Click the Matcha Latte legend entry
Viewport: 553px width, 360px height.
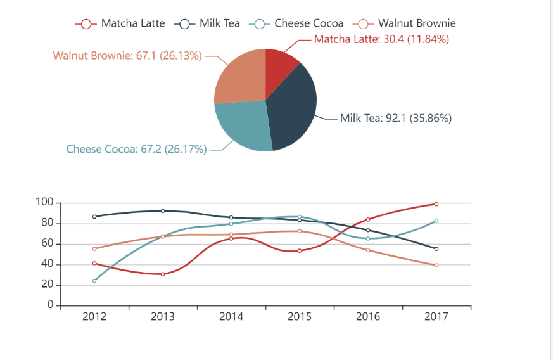[120, 23]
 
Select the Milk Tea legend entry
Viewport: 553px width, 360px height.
[210, 23]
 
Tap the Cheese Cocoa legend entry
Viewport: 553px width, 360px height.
[297, 23]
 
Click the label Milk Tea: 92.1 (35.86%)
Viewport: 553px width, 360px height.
[395, 118]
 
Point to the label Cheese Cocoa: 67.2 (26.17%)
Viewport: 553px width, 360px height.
[136, 150]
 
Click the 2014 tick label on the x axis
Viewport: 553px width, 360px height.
[231, 317]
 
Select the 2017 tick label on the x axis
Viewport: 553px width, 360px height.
[436, 317]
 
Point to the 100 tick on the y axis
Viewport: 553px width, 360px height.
[44, 203]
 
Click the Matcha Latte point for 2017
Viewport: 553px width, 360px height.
[436, 204]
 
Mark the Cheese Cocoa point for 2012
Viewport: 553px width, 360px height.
[94, 280]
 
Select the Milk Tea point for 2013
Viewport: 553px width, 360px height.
[163, 211]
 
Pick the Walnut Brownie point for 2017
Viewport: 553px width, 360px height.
[436, 265]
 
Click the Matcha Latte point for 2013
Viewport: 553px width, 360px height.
[163, 274]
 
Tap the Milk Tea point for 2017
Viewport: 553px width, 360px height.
[436, 248]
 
